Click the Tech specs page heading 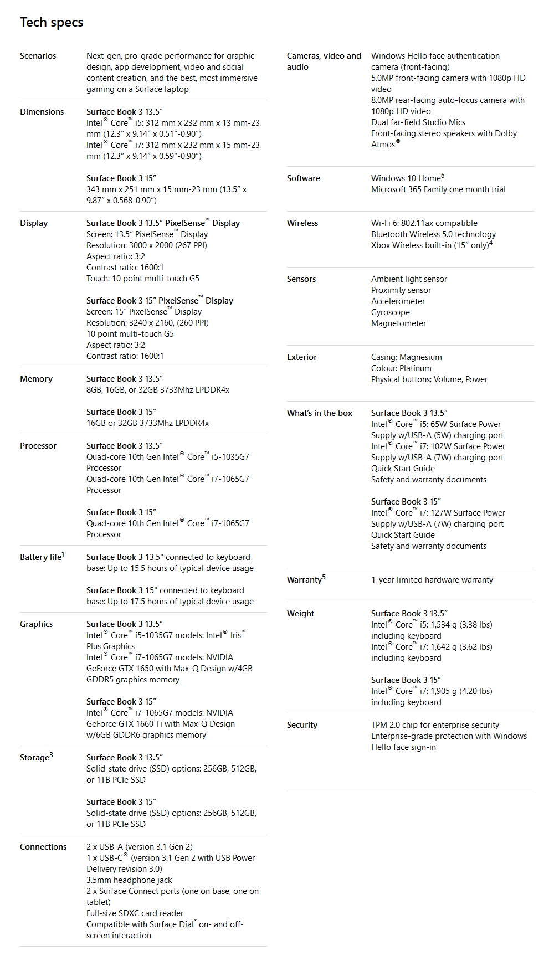(x=52, y=22)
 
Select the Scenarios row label (x=38, y=56)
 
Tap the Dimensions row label (x=42, y=112)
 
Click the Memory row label (x=36, y=379)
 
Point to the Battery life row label (x=41, y=557)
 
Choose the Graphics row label (x=36, y=624)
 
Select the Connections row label (x=43, y=847)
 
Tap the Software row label (x=303, y=178)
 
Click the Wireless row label (x=302, y=223)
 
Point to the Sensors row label (x=301, y=279)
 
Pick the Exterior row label (x=301, y=357)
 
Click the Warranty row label (x=304, y=580)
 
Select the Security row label (x=302, y=725)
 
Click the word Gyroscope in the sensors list (x=390, y=312)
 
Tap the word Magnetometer (x=398, y=323)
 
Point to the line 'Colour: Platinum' (x=401, y=368)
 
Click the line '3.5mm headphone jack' (x=129, y=880)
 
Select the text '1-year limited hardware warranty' (x=432, y=580)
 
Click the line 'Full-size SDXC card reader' (x=135, y=913)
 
